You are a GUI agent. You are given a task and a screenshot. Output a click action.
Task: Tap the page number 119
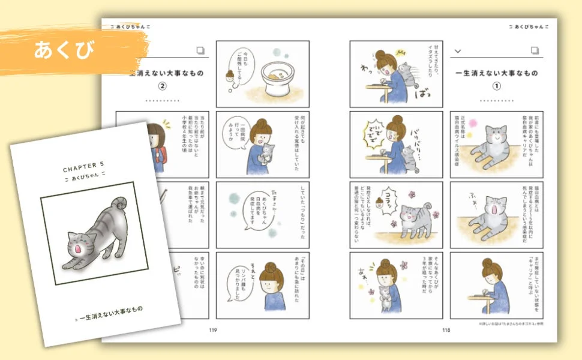coord(213,329)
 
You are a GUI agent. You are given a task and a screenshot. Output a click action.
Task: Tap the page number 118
coord(446,329)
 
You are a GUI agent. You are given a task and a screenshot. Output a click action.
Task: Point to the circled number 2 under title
coord(161,85)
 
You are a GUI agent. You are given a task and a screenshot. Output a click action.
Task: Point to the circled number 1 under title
coord(496,85)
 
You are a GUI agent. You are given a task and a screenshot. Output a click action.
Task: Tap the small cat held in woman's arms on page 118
coord(386,293)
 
